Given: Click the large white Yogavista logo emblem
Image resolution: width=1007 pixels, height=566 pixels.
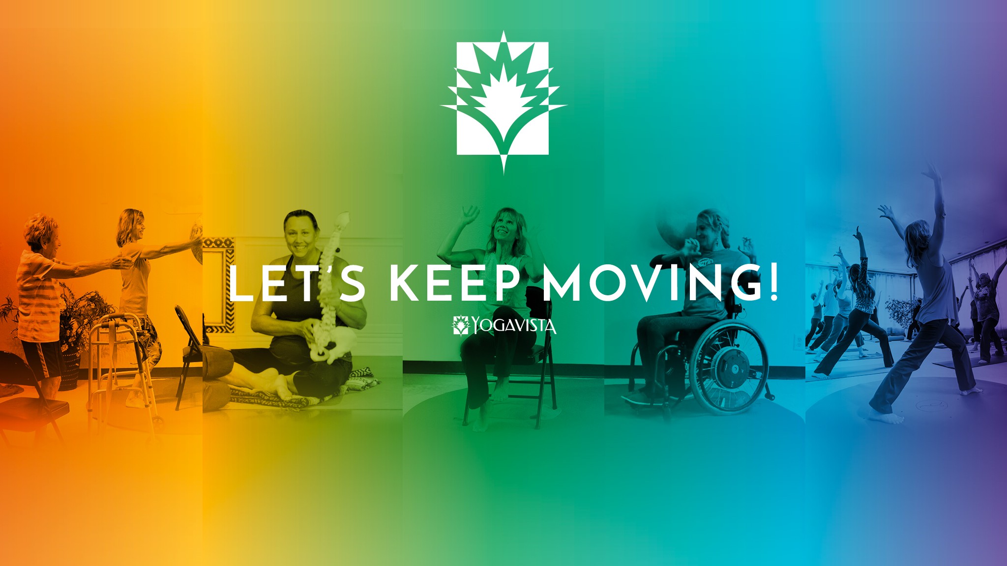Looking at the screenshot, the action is click(503, 101).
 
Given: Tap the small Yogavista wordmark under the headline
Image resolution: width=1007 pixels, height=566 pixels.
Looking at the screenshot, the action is click(505, 325).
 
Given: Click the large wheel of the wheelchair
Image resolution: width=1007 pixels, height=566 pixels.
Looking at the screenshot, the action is click(729, 366).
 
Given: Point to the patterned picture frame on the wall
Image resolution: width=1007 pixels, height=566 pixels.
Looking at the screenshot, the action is click(219, 285).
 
